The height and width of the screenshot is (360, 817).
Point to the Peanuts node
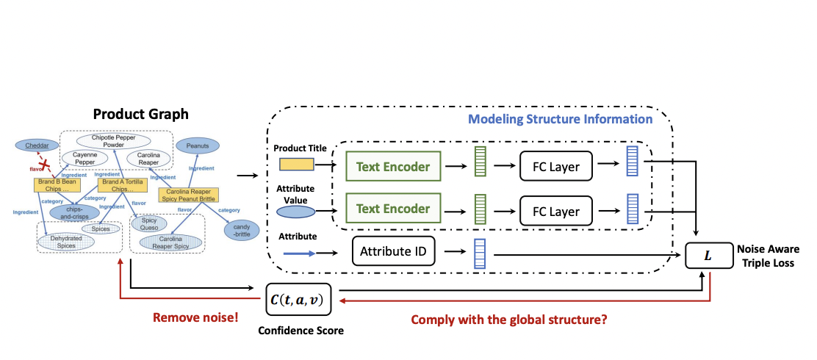point(198,146)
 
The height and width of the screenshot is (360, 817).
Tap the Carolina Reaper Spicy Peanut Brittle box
point(189,195)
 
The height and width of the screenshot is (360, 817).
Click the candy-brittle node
point(242,230)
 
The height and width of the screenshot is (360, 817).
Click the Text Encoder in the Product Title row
point(392,167)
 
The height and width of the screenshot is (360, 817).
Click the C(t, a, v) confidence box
point(298,300)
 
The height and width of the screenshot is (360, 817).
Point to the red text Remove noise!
point(194,318)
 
